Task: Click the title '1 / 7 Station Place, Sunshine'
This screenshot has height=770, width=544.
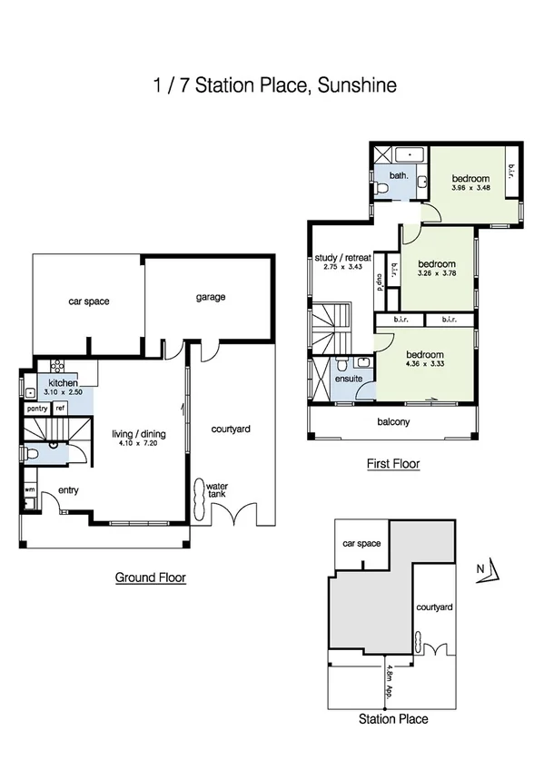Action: (x=273, y=86)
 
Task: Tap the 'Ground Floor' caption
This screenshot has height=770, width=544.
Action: (x=151, y=577)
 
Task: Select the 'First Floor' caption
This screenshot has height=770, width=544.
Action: (x=393, y=464)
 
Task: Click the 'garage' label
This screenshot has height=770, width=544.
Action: (x=210, y=297)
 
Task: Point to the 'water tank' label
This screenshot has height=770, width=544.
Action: (x=215, y=491)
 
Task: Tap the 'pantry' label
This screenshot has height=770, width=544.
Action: (x=36, y=409)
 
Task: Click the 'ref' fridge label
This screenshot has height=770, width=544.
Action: (x=60, y=409)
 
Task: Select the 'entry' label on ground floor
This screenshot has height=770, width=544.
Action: (x=68, y=490)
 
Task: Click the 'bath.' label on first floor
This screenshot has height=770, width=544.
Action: (x=398, y=175)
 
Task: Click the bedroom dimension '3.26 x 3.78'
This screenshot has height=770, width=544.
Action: (x=435, y=272)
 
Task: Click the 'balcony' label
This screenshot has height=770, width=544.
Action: (x=393, y=421)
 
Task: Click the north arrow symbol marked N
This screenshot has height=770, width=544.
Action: (x=489, y=570)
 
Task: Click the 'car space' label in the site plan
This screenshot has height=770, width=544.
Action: (x=360, y=544)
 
